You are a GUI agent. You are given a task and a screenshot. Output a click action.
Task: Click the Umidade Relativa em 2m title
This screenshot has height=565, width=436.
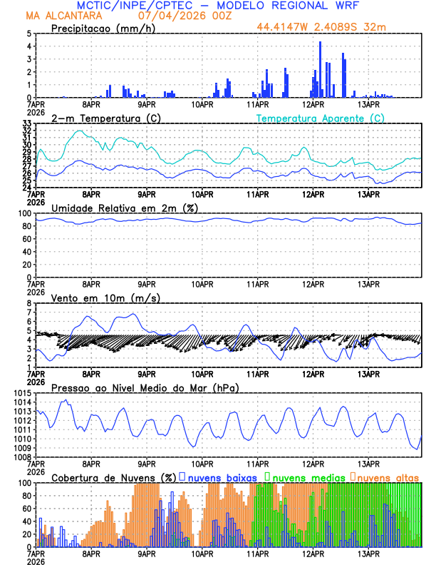click(x=124, y=208)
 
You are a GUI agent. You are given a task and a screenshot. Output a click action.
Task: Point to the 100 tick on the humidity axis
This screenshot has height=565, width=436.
click(x=24, y=213)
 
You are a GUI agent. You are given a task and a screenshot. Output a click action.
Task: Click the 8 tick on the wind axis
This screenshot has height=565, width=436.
click(x=28, y=303)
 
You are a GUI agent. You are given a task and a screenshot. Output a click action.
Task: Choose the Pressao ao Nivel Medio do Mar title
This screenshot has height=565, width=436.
click(x=145, y=387)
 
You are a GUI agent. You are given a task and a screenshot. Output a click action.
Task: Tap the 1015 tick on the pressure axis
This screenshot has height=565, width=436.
click(x=21, y=393)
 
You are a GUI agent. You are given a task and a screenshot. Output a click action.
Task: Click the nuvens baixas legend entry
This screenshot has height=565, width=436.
click(x=222, y=477)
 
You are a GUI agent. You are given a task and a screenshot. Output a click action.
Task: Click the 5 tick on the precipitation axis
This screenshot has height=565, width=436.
click(x=28, y=34)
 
